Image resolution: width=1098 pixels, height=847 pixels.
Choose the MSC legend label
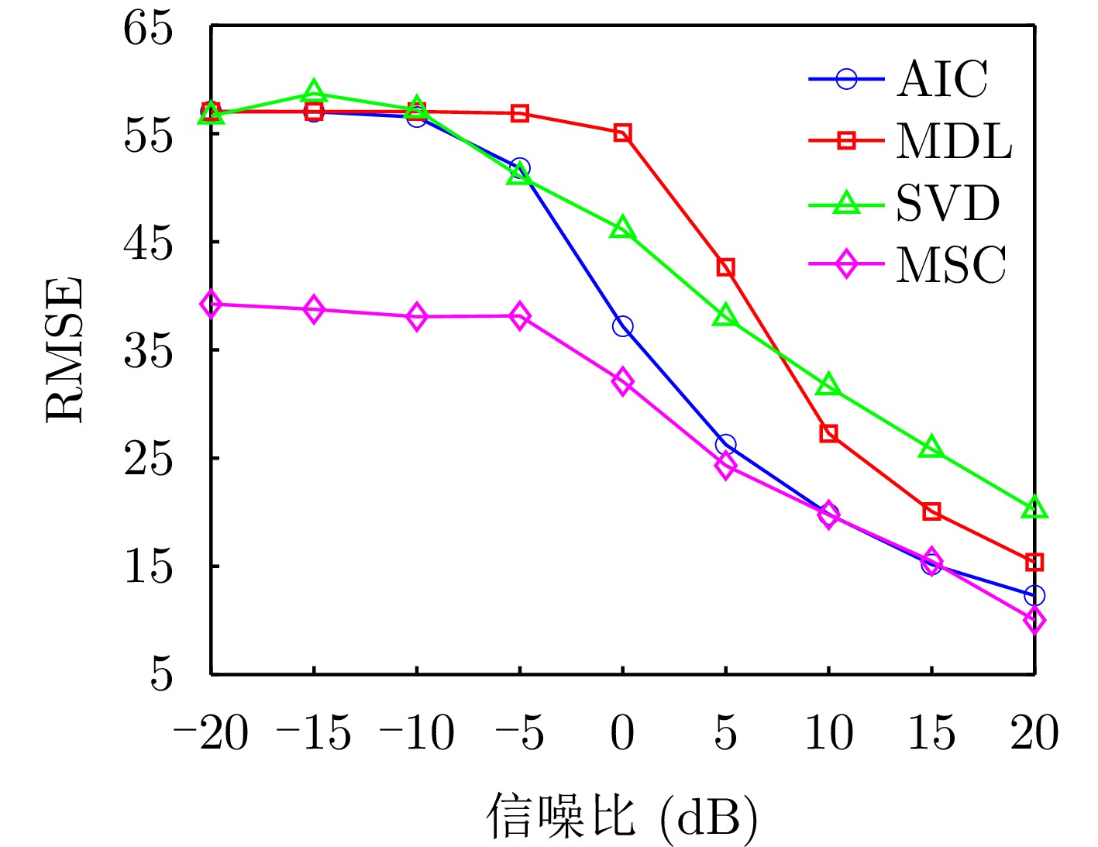click(952, 265)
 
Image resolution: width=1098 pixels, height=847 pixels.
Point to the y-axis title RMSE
click(65, 349)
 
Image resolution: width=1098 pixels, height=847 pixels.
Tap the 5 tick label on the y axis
click(160, 673)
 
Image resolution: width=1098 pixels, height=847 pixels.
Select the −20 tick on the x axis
click(211, 732)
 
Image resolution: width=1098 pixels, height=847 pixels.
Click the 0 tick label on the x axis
click(622, 732)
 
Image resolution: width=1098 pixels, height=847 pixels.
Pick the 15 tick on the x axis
click(931, 732)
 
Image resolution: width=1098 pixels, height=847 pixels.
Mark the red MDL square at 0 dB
click(622, 133)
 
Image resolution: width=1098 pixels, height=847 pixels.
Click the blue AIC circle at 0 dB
click(622, 326)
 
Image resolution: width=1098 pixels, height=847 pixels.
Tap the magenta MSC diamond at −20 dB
click(211, 305)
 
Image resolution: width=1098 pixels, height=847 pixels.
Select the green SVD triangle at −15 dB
click(314, 92)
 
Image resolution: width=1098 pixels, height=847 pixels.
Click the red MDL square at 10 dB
click(828, 433)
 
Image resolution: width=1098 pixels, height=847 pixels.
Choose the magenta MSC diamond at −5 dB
click(520, 317)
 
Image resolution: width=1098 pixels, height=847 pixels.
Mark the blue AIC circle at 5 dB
click(725, 445)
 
